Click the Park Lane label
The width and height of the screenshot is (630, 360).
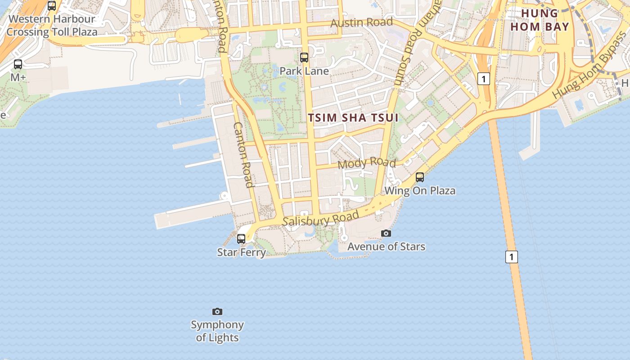(x=304, y=71)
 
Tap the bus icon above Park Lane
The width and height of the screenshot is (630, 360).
(x=304, y=58)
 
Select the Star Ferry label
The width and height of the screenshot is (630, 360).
(x=242, y=252)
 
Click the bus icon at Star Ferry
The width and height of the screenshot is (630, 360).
(x=241, y=238)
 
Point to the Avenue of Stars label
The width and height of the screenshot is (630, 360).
(x=386, y=247)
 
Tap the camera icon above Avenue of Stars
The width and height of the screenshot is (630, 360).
(x=386, y=233)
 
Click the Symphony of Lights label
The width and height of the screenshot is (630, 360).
(x=217, y=331)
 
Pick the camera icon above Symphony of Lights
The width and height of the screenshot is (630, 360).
(x=217, y=311)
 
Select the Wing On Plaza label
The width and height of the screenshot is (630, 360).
(x=420, y=191)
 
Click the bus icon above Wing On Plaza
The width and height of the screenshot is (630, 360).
(x=420, y=177)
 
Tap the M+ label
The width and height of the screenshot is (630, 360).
(x=18, y=77)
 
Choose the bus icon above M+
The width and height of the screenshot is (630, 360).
(x=18, y=64)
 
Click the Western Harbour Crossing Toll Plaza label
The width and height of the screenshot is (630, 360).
(x=52, y=26)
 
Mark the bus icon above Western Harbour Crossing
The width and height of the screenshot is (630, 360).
(x=52, y=6)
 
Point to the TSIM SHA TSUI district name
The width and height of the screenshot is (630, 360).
(x=353, y=118)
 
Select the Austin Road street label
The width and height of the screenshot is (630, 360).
(x=362, y=22)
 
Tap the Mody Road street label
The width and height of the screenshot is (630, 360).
(x=367, y=163)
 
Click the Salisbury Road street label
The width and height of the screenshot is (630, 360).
(x=320, y=219)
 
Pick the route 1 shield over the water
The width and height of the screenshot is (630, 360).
(x=511, y=257)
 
